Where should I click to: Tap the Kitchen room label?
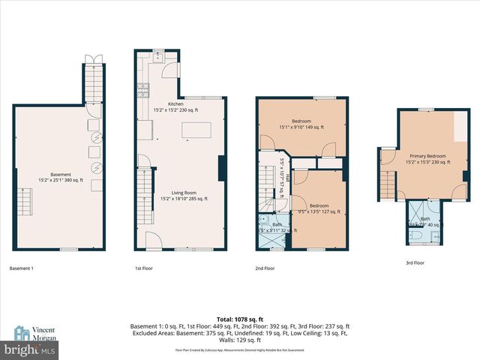[175, 106]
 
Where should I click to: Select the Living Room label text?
[184, 196]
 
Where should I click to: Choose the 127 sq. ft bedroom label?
[319, 208]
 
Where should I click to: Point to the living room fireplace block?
[220, 168]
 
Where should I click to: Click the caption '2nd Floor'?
[265, 268]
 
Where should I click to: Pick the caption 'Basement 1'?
[21, 268]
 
